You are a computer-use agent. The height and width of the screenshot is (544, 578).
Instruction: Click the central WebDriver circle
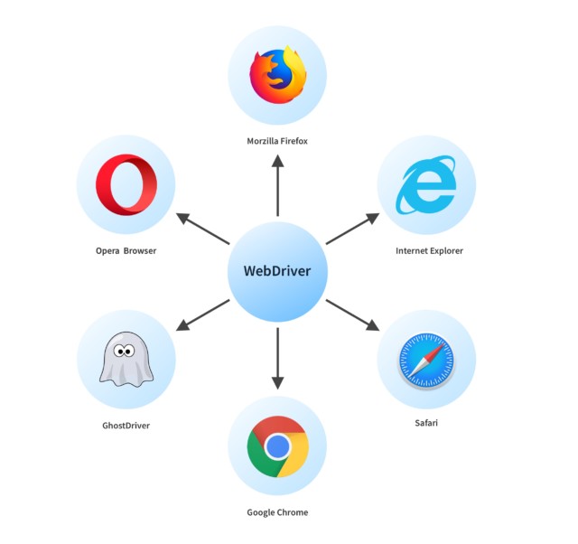[277, 271]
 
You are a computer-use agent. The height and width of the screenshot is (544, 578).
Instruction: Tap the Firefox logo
[278, 75]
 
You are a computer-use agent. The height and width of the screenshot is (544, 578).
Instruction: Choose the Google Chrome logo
[277, 446]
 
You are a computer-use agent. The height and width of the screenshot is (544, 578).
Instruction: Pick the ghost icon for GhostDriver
[126, 360]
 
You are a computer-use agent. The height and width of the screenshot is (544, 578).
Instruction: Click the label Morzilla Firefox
[277, 141]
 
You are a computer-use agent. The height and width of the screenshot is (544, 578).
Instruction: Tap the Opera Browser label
[126, 250]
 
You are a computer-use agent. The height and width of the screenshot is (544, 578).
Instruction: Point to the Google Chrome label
[277, 512]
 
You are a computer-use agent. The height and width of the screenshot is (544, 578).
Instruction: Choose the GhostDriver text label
[126, 425]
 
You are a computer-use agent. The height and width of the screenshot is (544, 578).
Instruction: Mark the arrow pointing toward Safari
[352, 314]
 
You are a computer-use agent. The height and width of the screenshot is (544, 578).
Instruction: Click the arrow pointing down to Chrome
[277, 357]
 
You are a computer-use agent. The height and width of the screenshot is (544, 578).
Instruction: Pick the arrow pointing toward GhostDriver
[203, 314]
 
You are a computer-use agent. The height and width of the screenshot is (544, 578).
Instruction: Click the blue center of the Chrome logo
[277, 446]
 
